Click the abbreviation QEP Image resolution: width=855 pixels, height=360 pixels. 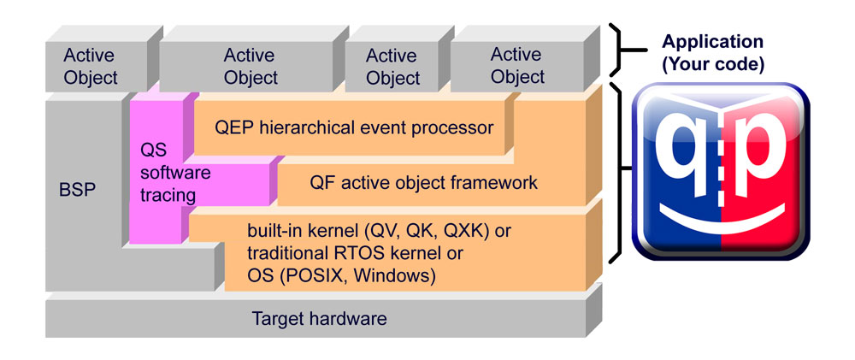point(233,128)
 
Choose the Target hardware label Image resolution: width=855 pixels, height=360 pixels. point(319,319)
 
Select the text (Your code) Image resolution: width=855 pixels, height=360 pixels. point(713,64)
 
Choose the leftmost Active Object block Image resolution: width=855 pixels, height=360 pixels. point(91,67)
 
